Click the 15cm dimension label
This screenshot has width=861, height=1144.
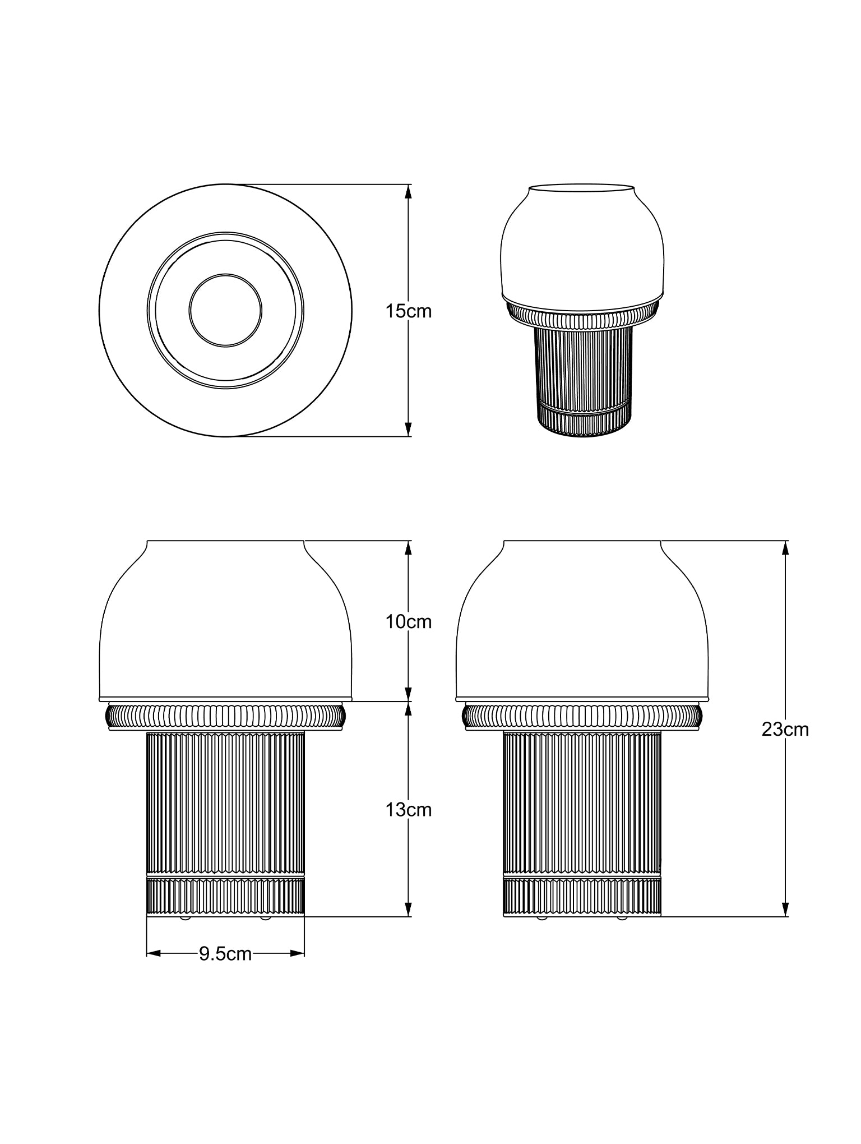(x=408, y=311)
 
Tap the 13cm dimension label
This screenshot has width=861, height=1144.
(x=408, y=810)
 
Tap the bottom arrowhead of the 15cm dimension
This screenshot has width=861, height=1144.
(x=408, y=428)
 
